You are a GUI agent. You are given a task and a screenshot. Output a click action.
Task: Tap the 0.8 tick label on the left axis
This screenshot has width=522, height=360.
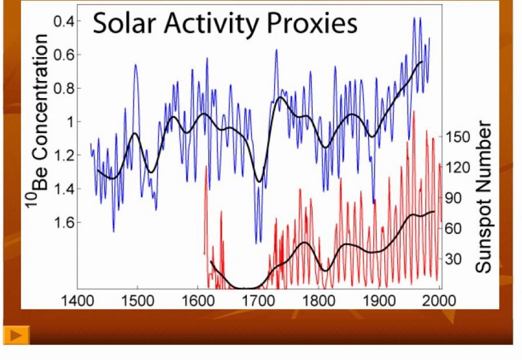click(x=65, y=88)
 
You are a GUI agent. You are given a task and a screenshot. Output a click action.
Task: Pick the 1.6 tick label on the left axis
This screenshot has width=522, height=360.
click(x=65, y=222)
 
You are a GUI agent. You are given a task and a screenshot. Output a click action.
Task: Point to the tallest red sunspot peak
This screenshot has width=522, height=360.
click(x=413, y=112)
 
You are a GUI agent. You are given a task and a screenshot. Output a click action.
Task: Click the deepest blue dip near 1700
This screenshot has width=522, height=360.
click(x=258, y=242)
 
